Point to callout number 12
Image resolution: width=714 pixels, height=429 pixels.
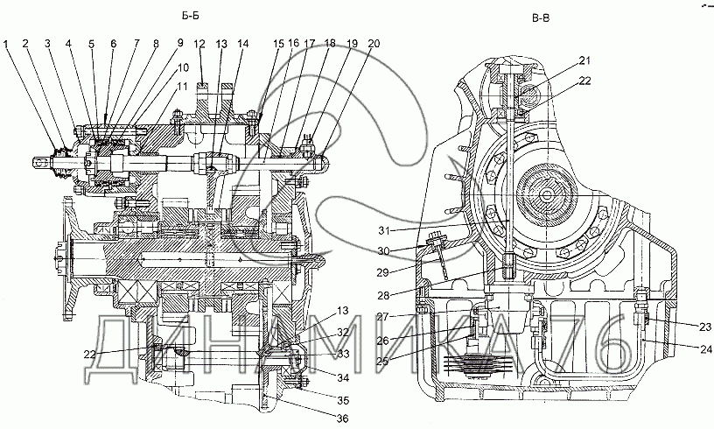[199, 43]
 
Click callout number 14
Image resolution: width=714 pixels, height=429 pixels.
[241, 43]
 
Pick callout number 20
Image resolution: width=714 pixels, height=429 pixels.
[374, 43]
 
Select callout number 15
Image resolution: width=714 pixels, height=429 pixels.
[278, 43]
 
